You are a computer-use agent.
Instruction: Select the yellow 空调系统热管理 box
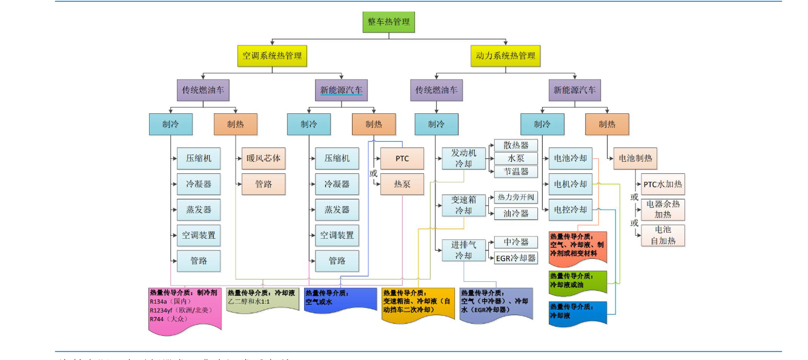[x=272, y=56]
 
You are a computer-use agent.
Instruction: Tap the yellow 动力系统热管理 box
[x=505, y=56]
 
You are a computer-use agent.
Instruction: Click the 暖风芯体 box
[x=263, y=158]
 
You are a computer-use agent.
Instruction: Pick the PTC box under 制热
[x=402, y=159]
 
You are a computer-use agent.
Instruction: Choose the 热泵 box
[x=402, y=184]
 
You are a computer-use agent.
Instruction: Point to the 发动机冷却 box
[x=463, y=158]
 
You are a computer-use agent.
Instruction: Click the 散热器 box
[x=516, y=145]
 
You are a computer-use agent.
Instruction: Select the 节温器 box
[x=516, y=172]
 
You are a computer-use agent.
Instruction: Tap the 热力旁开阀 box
[x=516, y=198]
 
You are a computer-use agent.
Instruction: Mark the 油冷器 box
[x=516, y=213]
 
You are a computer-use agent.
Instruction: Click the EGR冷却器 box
[x=516, y=258]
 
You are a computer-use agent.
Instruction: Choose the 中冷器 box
[x=516, y=242]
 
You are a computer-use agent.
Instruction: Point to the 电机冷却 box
[x=570, y=184]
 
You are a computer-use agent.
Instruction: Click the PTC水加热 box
[x=663, y=184]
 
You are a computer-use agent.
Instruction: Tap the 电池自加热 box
[x=663, y=236]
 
